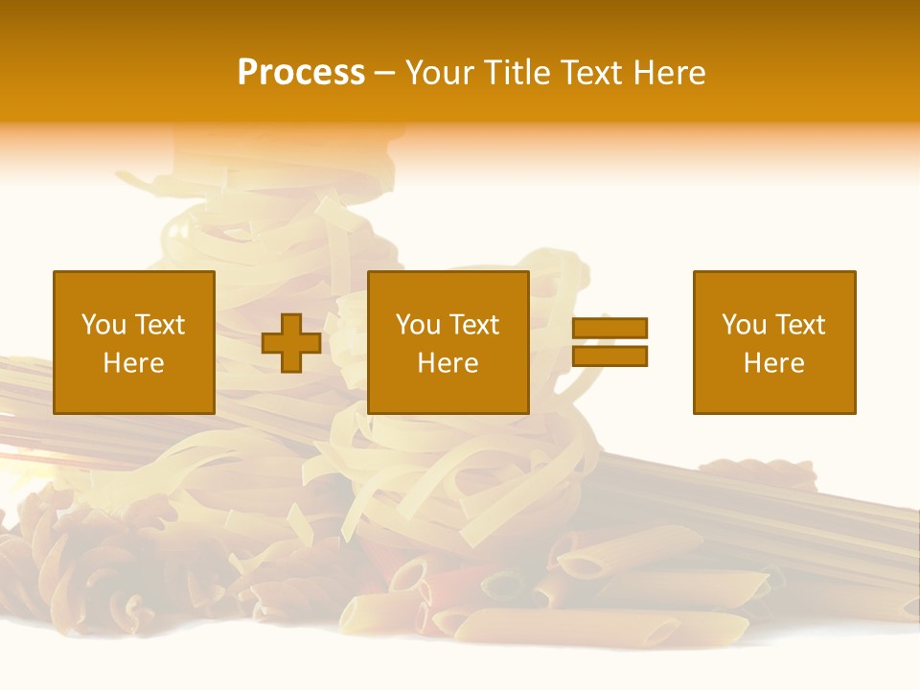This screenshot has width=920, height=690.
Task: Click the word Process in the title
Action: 301,73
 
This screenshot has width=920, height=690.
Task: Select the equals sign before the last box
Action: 610,342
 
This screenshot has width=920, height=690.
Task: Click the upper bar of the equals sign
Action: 610,329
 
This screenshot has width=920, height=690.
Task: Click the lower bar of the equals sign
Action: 610,356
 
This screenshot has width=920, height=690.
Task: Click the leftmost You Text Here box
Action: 134,342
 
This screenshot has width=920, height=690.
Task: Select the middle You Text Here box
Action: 448,342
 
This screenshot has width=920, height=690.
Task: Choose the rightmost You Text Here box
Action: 774,342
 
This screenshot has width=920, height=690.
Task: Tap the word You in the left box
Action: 103,325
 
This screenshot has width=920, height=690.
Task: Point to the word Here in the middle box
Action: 448,363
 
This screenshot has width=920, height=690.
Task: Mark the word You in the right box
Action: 744,325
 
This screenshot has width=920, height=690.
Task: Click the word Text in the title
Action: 588,73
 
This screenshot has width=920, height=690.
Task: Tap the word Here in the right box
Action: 774,363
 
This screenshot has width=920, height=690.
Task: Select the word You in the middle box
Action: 418,325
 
